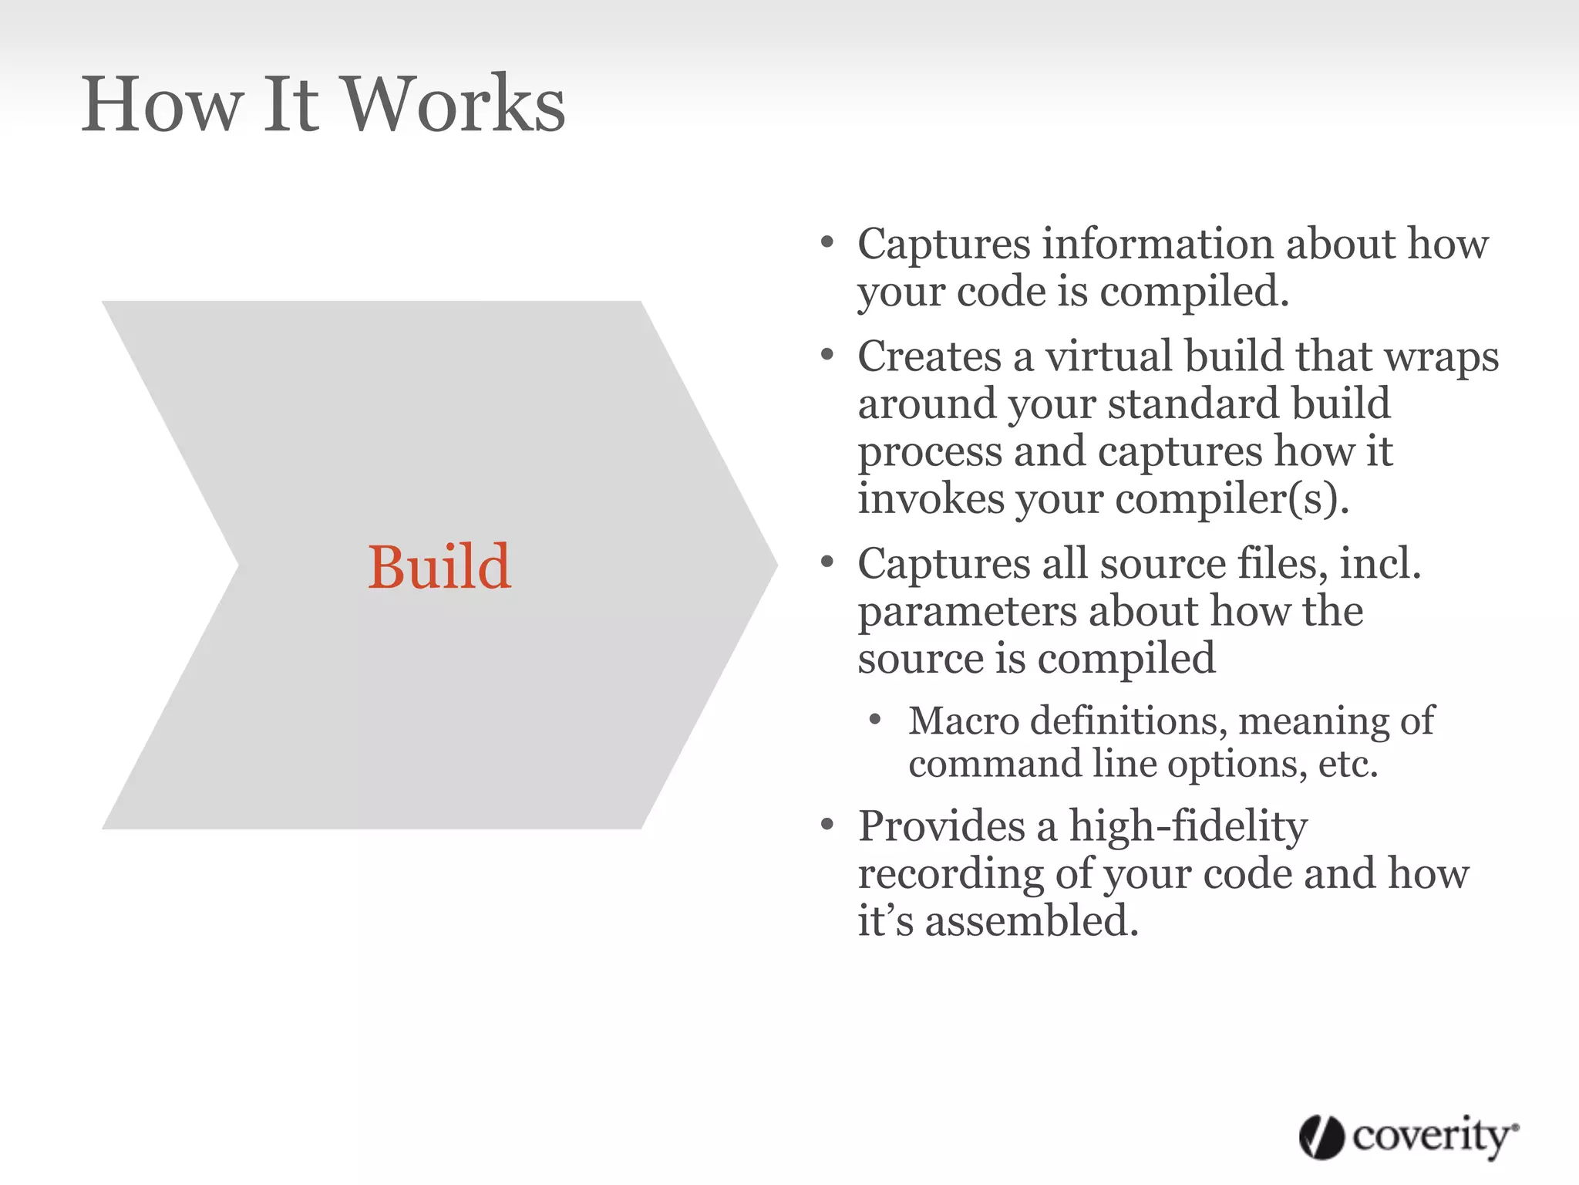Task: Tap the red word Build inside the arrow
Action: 439,567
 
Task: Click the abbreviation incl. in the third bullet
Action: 1380,563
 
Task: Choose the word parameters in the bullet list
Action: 967,612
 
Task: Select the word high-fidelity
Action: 1188,826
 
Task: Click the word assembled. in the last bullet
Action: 1032,921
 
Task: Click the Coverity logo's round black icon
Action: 1321,1137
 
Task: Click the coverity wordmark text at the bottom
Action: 1433,1136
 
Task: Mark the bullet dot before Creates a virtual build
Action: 827,355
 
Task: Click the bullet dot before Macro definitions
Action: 874,720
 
